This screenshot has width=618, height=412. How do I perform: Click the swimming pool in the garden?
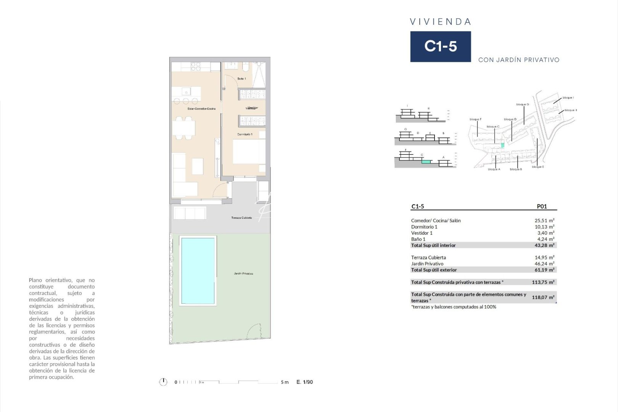[198, 270]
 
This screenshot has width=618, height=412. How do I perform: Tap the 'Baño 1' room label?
[241, 79]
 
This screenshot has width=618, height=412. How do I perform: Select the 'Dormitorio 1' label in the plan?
[245, 134]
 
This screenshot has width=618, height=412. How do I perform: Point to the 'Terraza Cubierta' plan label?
[241, 218]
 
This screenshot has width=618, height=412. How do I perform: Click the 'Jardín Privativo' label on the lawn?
[243, 274]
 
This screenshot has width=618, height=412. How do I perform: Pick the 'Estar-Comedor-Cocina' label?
[201, 109]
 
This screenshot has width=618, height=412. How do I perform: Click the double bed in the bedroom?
[249, 152]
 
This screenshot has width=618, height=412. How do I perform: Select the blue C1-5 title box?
[440, 47]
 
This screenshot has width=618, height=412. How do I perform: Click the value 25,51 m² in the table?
[544, 220]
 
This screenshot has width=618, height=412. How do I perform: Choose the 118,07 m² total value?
[543, 297]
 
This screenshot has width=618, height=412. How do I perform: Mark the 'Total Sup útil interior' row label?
[433, 245]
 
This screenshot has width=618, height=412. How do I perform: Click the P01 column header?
[542, 206]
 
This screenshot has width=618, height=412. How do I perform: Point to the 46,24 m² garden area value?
[544, 264]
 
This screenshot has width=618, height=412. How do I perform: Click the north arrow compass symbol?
[163, 382]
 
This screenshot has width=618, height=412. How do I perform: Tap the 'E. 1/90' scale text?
[304, 382]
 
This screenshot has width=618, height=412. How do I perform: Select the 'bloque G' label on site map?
[522, 105]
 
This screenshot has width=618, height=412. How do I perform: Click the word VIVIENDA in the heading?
[441, 22]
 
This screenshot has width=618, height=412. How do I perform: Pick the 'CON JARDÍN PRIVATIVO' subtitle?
[518, 60]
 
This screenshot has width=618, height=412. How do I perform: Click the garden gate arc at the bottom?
[254, 331]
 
